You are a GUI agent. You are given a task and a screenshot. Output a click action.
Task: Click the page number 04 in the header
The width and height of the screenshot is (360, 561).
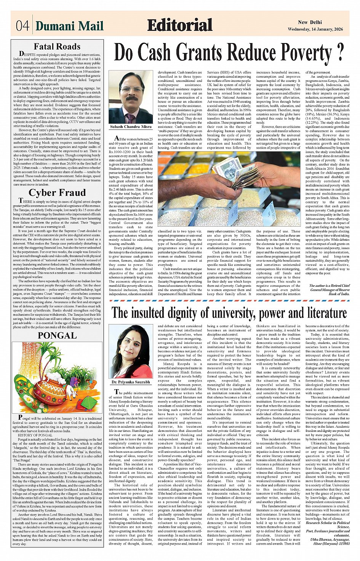(22, 26)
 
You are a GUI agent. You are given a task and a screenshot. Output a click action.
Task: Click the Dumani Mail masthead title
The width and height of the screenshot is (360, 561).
(69, 26)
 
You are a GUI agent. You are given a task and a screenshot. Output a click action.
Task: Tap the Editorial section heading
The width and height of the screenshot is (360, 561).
(180, 26)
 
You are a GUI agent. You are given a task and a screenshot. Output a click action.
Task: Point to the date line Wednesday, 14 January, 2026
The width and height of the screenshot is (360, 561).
(315, 29)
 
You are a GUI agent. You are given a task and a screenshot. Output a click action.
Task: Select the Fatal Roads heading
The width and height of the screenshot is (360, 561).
(57, 46)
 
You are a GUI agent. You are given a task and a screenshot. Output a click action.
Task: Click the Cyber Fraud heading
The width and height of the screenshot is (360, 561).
(57, 193)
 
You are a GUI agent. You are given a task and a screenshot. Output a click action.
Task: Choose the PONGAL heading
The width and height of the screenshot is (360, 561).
(57, 336)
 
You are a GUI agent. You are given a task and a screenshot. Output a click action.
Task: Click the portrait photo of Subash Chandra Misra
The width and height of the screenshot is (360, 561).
(131, 97)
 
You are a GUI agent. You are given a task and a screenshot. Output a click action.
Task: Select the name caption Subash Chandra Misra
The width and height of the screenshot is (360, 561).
(131, 126)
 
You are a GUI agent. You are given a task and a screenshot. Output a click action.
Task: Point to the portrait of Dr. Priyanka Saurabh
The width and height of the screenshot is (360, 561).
(131, 352)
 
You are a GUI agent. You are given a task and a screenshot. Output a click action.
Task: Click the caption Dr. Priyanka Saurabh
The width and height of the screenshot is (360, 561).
(131, 381)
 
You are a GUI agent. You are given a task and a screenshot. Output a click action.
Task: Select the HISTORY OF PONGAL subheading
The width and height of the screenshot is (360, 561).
(35, 435)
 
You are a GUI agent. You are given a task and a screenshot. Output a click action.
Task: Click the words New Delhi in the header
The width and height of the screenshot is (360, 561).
(311, 22)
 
